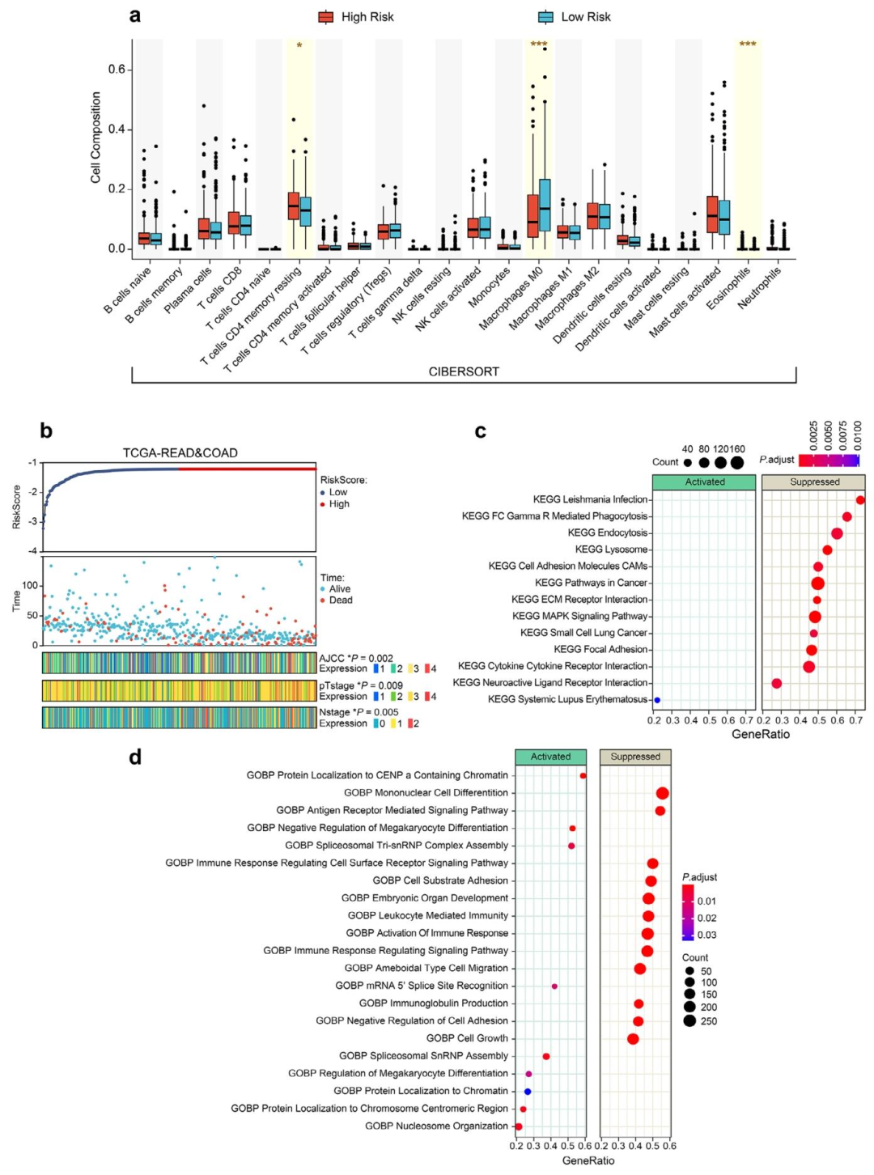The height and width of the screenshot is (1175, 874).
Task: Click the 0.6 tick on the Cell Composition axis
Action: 117,70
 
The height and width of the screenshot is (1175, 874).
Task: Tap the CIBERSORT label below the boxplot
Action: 464,371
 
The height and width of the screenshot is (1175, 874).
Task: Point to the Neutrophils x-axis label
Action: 759,288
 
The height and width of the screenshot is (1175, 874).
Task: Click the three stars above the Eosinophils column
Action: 748,45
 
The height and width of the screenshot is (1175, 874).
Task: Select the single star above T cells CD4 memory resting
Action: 299,46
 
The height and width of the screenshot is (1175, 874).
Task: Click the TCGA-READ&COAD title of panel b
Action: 180,453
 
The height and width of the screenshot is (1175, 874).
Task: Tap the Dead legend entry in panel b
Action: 340,600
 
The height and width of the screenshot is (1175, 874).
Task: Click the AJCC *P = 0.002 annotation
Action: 356,659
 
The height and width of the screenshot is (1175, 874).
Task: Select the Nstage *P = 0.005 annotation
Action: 359,712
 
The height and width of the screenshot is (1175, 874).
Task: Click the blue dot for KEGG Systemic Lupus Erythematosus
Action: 657,700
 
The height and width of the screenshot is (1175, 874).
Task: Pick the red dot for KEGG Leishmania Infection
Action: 860,500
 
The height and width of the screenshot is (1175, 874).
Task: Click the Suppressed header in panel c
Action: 815,482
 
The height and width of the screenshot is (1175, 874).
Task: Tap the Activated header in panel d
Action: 551,757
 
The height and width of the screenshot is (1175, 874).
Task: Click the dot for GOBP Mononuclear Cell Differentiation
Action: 662,793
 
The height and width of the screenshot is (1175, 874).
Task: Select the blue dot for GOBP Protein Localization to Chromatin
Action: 528,1092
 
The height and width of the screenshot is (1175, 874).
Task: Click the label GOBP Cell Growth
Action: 467,1038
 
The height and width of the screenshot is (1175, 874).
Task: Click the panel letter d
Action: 135,757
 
